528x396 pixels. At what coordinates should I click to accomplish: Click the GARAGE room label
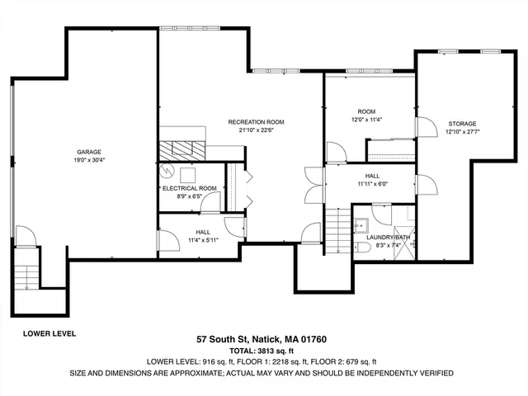(x=90, y=152)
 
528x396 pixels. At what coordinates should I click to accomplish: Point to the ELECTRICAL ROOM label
(x=190, y=188)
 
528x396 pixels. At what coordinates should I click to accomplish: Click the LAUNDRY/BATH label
(x=388, y=238)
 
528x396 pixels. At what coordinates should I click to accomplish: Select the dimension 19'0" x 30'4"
(x=90, y=160)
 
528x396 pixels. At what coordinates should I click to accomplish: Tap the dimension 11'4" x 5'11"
(x=201, y=240)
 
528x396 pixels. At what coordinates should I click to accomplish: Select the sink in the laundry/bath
(x=362, y=223)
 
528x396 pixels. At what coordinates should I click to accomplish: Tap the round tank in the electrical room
(x=168, y=172)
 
